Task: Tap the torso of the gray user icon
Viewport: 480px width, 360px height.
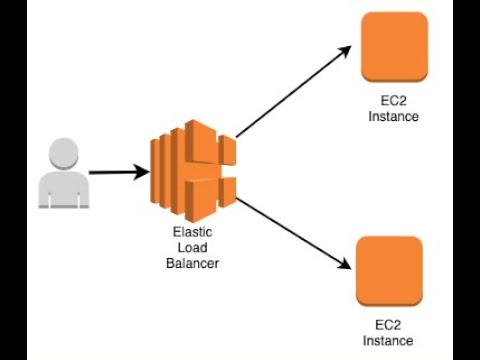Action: click(x=64, y=190)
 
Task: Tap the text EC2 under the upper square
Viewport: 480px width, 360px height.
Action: click(x=393, y=102)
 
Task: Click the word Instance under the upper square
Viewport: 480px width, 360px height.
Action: click(x=393, y=116)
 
